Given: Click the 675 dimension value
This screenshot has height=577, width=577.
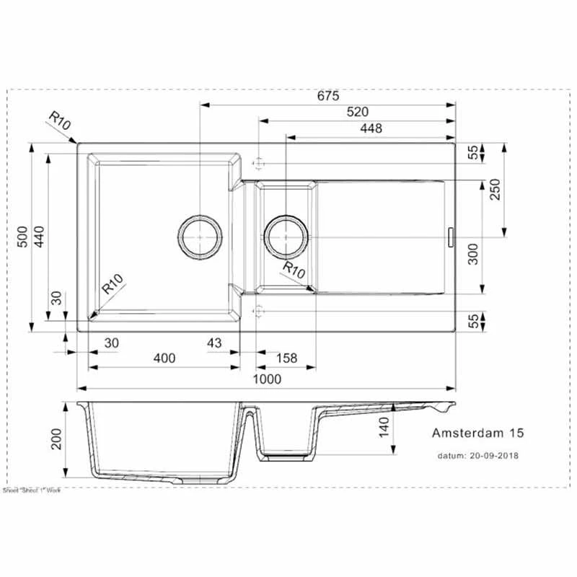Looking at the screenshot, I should pyautogui.click(x=327, y=95).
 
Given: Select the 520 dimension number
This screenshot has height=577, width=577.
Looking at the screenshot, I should pyautogui.click(x=357, y=112).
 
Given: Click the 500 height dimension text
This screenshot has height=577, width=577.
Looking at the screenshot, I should pyautogui.click(x=22, y=238).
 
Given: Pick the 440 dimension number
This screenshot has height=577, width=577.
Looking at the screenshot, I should pyautogui.click(x=39, y=238).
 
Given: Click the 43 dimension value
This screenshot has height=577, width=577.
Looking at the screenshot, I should pyautogui.click(x=214, y=343).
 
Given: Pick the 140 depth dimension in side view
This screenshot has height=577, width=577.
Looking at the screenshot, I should pyautogui.click(x=384, y=428).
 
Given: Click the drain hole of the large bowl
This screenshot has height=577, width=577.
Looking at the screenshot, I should pyautogui.click(x=199, y=236).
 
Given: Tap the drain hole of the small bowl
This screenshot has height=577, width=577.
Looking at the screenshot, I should pyautogui.click(x=286, y=236).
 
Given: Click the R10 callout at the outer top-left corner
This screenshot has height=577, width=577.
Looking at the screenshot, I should pyautogui.click(x=61, y=122).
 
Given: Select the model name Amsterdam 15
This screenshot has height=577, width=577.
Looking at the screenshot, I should pyautogui.click(x=477, y=433).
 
